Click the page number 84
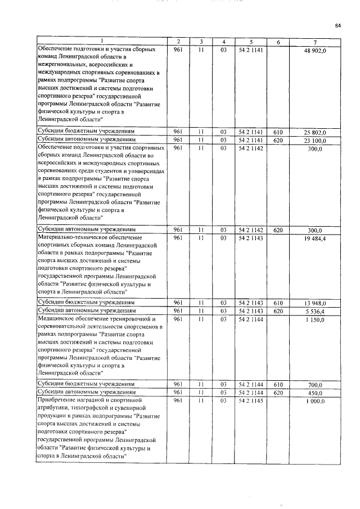[x=338, y=25]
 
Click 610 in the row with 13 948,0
[x=277, y=303]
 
